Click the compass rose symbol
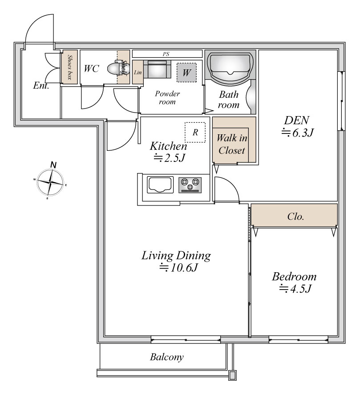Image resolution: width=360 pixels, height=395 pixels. [x=51, y=182]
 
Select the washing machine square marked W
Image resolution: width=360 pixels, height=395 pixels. [x=186, y=73]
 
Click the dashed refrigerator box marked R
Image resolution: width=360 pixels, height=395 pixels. [x=195, y=133]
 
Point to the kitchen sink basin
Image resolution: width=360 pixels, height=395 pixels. [x=160, y=185]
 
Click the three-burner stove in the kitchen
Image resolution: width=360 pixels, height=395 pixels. [x=190, y=185]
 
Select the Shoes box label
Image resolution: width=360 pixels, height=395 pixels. [x=69, y=67]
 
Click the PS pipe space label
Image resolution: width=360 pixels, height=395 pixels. [x=166, y=54]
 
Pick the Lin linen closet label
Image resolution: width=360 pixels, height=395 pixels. [x=138, y=73]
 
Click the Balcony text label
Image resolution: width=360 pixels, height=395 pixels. [x=167, y=357]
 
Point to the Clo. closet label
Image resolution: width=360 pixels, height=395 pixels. [x=295, y=216]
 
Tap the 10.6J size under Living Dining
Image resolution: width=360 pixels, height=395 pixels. [x=178, y=267]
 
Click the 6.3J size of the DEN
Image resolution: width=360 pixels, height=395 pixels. [x=297, y=133]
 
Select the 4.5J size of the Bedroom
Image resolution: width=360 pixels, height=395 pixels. [x=295, y=289]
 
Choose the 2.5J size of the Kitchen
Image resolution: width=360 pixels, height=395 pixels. [x=170, y=158]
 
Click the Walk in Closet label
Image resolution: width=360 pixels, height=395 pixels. [x=232, y=144]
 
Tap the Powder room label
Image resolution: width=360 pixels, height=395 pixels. [x=167, y=98]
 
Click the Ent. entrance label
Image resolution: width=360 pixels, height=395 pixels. [x=41, y=86]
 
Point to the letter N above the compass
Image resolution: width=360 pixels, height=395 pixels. [x=53, y=165]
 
